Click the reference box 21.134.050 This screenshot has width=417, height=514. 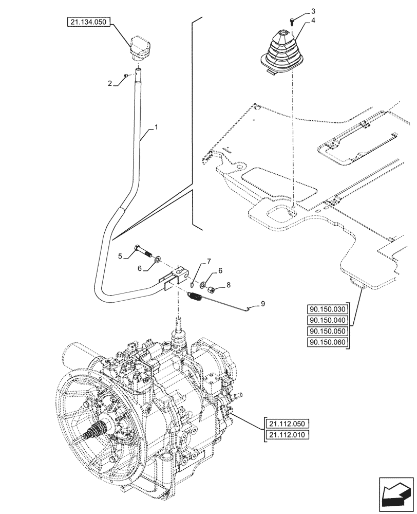tap(88, 22)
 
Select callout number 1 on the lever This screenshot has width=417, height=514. tap(157, 126)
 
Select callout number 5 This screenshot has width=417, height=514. tap(120, 255)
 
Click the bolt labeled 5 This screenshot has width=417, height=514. tap(143, 251)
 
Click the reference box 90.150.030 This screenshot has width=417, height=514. tap(328, 309)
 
